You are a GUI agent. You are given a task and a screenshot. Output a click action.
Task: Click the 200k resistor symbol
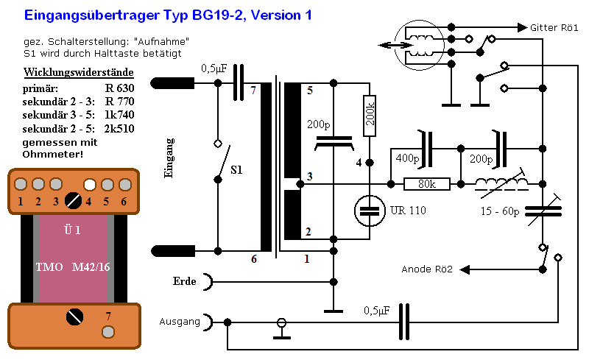[370, 116]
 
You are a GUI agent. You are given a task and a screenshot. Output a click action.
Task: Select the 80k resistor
[428, 184]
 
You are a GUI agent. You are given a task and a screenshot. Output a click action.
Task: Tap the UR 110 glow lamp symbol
[370, 212]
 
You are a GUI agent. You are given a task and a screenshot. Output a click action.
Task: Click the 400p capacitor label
[406, 158]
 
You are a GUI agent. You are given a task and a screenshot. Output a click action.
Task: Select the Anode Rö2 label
[428, 269]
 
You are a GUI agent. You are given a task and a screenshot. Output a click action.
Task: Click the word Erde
[185, 281]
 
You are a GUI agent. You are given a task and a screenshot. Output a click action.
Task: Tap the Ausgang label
[179, 322]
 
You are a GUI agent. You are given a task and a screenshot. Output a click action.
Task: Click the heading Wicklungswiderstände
[78, 72]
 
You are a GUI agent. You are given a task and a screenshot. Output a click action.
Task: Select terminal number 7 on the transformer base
[107, 317]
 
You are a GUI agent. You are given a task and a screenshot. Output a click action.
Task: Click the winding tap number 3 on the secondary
[309, 177]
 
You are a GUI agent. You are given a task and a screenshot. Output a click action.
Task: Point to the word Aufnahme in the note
[166, 40]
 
